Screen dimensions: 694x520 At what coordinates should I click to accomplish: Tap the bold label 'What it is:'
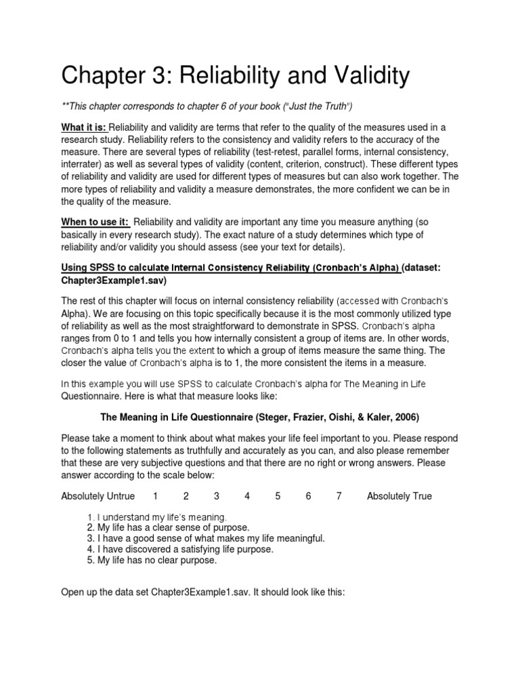[84, 128]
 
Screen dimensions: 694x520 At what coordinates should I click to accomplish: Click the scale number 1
[156, 496]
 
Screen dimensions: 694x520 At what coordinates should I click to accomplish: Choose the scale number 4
[247, 496]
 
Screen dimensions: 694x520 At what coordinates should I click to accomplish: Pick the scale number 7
[339, 496]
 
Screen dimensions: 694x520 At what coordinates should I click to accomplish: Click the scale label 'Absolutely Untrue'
[98, 496]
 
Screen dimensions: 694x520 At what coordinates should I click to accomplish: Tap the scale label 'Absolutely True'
[399, 496]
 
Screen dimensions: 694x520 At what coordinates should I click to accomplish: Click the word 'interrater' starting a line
[81, 165]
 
